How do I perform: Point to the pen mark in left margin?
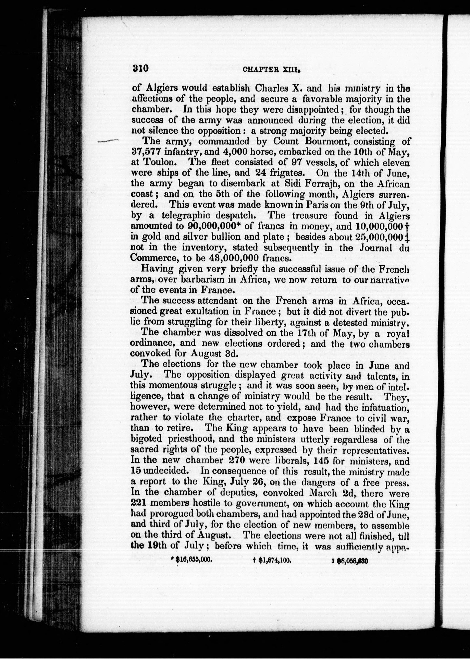(109, 141)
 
